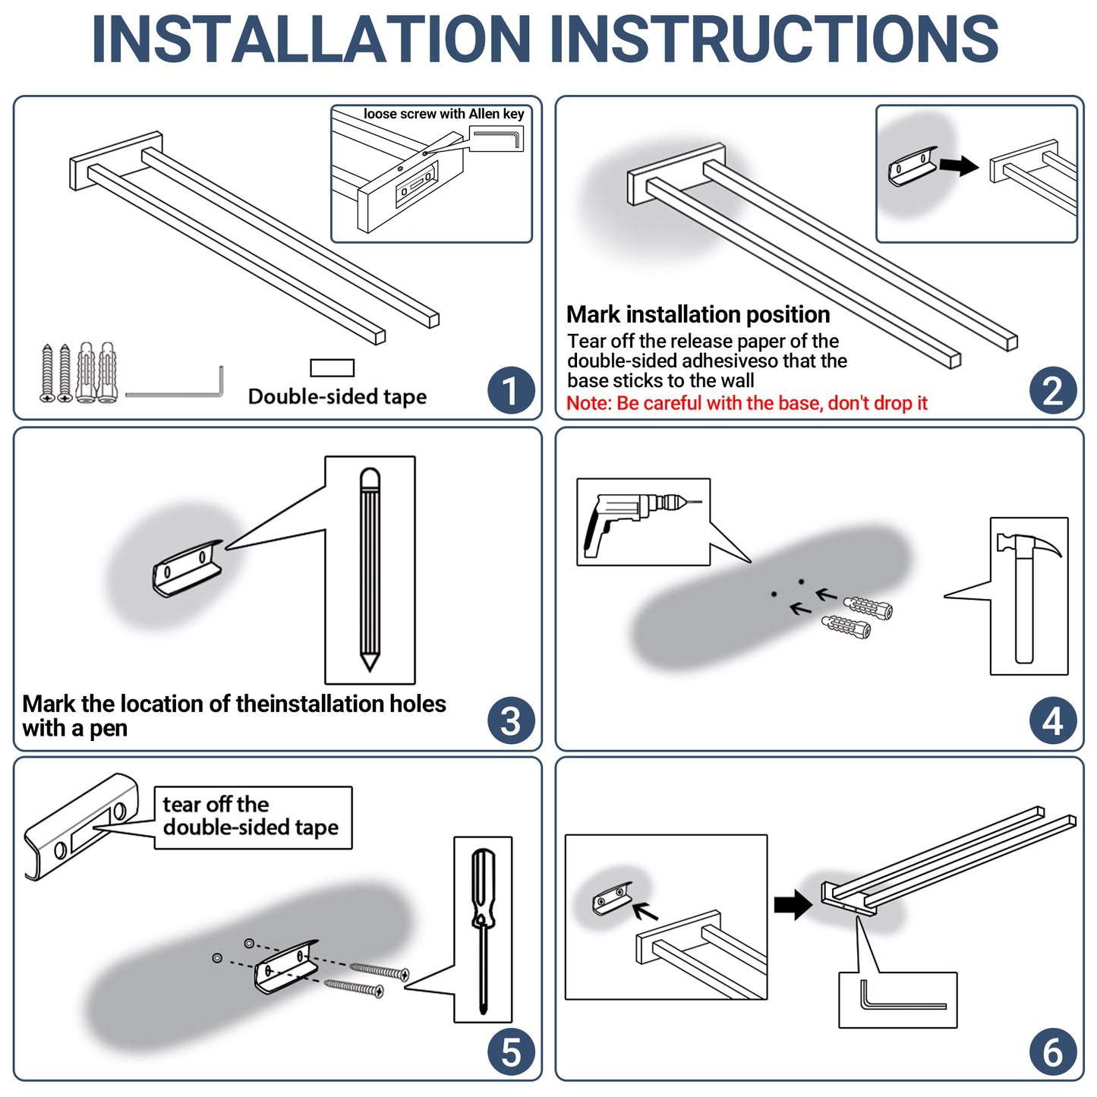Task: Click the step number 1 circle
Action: click(510, 390)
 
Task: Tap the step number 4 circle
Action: click(1053, 720)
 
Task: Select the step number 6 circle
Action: click(1053, 1052)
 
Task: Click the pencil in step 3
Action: click(370, 569)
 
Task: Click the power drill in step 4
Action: click(638, 521)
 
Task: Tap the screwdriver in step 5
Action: click(484, 934)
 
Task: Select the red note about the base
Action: click(746, 403)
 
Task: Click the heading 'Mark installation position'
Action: click(698, 314)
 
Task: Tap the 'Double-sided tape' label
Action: click(337, 397)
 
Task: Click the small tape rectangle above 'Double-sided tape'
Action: click(332, 367)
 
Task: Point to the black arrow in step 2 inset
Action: click(959, 165)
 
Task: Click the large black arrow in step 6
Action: click(793, 904)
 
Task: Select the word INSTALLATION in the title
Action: click(311, 39)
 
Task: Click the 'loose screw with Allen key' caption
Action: click(443, 114)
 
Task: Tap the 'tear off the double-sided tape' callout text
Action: click(251, 816)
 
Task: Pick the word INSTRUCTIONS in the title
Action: click(774, 39)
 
